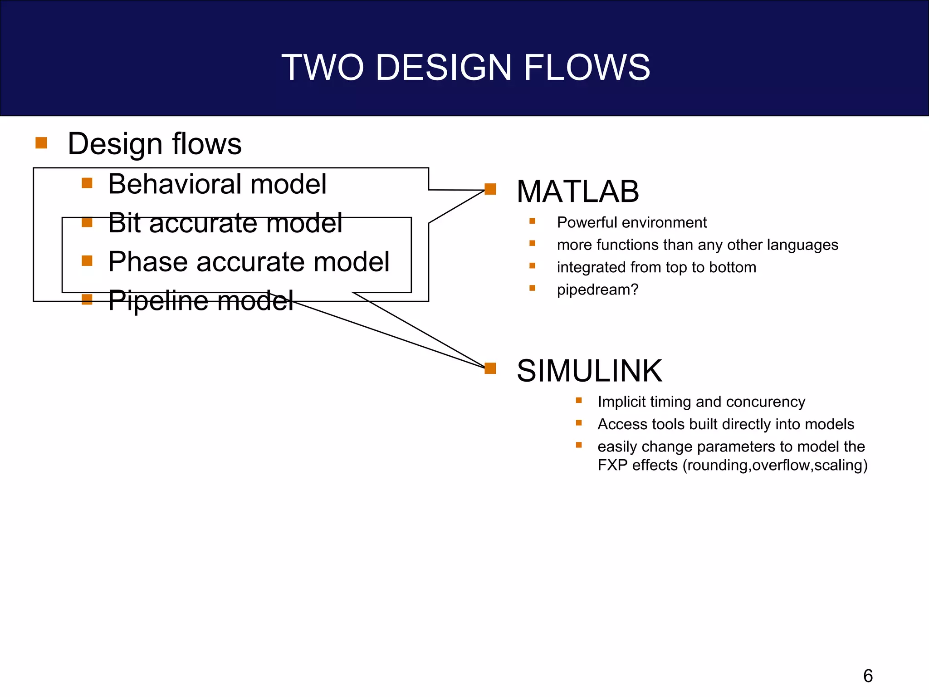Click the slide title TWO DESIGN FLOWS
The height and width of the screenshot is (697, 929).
[x=465, y=67]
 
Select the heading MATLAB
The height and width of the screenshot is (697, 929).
[x=577, y=191]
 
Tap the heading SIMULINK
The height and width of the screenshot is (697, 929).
[x=589, y=371]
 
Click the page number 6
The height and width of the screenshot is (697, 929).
[x=868, y=676]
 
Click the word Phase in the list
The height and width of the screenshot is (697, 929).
[x=147, y=262]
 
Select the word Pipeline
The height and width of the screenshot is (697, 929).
[x=158, y=300]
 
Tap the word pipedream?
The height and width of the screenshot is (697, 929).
[x=597, y=290]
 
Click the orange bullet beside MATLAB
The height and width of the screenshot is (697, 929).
[x=490, y=189]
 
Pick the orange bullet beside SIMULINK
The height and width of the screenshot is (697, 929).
[x=490, y=368]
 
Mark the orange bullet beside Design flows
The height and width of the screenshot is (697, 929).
[x=41, y=143]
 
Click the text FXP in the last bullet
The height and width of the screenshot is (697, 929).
[x=612, y=465]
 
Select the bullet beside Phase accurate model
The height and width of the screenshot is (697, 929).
[x=87, y=260]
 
